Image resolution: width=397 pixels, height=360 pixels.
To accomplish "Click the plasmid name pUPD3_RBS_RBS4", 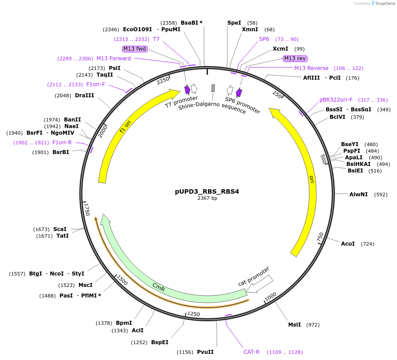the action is (207, 191).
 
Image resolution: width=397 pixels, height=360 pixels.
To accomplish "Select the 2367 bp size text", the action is (207, 198).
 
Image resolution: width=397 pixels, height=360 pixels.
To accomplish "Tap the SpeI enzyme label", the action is (234, 22).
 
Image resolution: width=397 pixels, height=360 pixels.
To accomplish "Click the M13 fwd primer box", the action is (135, 49).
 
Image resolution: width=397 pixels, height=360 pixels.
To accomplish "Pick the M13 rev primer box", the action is (295, 59).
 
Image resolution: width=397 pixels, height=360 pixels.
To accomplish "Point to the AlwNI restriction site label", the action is (358, 194).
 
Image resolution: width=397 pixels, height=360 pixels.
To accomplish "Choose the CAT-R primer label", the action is (252, 352).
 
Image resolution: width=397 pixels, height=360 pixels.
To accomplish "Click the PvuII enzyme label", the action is (205, 352).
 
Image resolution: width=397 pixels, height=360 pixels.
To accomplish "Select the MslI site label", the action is (294, 325).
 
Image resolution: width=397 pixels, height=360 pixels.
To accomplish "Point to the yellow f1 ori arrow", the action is (126, 128).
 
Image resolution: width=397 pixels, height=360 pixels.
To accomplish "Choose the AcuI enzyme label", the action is (348, 243).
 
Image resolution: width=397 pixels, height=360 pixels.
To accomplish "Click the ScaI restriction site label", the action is (60, 229).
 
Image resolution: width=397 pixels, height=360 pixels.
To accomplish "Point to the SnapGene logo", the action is (382, 4).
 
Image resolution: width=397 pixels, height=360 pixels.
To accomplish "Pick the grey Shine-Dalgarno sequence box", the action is (213, 88).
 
